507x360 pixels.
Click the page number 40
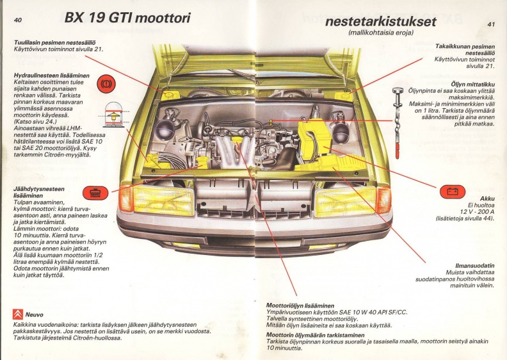18,20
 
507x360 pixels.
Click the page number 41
491,24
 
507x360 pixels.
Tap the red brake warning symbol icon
106,84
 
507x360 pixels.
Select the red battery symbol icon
453,192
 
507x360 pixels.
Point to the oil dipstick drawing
398,122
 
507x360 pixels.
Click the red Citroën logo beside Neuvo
18,314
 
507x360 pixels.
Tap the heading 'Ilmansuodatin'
475,266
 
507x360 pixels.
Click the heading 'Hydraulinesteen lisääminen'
52,76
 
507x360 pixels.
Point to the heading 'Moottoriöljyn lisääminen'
300,306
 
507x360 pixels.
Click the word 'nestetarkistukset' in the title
381,21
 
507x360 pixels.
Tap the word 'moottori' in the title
163,18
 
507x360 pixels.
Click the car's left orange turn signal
125,199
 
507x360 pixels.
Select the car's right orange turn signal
384,200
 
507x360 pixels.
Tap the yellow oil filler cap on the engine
239,139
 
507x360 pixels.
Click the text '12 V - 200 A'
478,212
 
